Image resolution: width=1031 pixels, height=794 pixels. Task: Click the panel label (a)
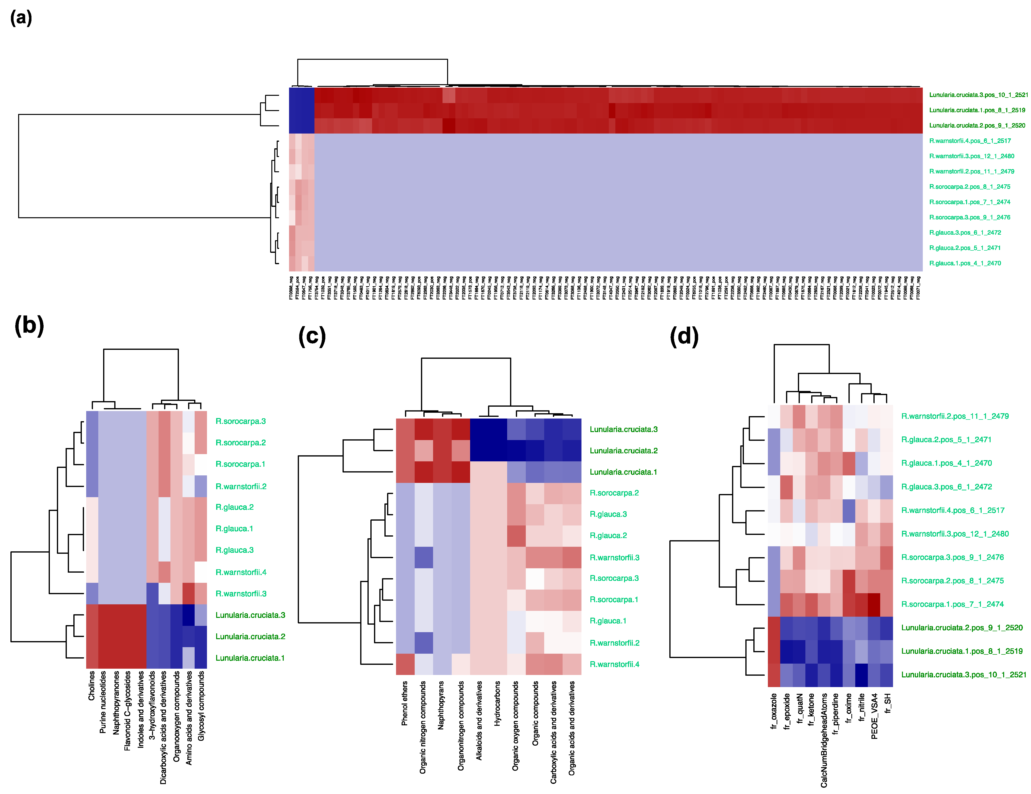pos(21,18)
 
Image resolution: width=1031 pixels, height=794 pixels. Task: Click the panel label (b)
pos(29,326)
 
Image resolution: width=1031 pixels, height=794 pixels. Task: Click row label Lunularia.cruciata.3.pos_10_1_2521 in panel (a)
pos(978,95)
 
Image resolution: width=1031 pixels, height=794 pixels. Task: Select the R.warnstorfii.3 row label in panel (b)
pos(241,593)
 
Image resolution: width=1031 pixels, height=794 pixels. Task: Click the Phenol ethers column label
pos(405,703)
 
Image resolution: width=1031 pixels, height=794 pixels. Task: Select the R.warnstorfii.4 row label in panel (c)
pos(614,664)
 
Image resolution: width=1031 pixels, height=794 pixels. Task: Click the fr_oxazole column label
pos(774,711)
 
